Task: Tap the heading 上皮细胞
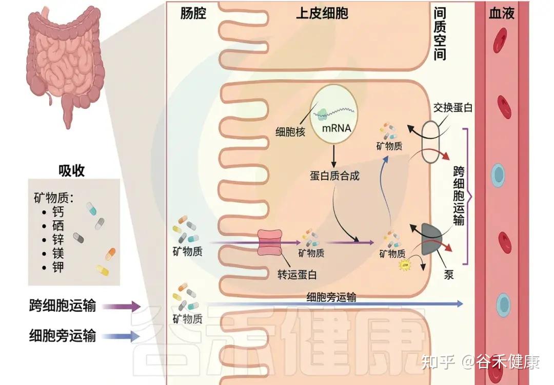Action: (322, 14)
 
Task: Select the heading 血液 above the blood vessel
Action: (501, 13)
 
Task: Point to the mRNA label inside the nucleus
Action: (337, 128)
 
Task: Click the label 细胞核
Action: (290, 132)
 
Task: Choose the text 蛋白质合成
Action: (334, 176)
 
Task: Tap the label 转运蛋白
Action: (294, 274)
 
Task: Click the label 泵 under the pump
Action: (449, 274)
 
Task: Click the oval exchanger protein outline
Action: (429, 142)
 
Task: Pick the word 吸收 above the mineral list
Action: (71, 170)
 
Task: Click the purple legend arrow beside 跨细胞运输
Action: (121, 307)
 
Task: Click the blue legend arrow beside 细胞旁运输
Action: (121, 337)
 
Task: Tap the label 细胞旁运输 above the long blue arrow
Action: (331, 297)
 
